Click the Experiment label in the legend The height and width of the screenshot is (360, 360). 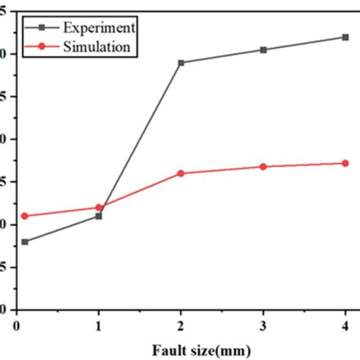100,27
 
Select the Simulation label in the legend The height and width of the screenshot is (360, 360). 100,46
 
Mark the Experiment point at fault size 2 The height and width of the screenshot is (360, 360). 181,62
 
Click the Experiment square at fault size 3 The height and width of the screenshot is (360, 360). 264,50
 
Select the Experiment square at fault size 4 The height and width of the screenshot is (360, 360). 346,37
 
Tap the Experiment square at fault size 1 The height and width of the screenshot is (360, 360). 99,216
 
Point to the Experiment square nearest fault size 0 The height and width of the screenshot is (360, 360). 25,242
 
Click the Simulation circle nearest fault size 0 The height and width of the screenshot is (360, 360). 25,216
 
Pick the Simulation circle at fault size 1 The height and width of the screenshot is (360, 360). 99,207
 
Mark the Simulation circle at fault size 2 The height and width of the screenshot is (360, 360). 181,173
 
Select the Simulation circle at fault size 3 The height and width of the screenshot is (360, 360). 264,166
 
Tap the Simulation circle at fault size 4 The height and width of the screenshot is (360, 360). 346,163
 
